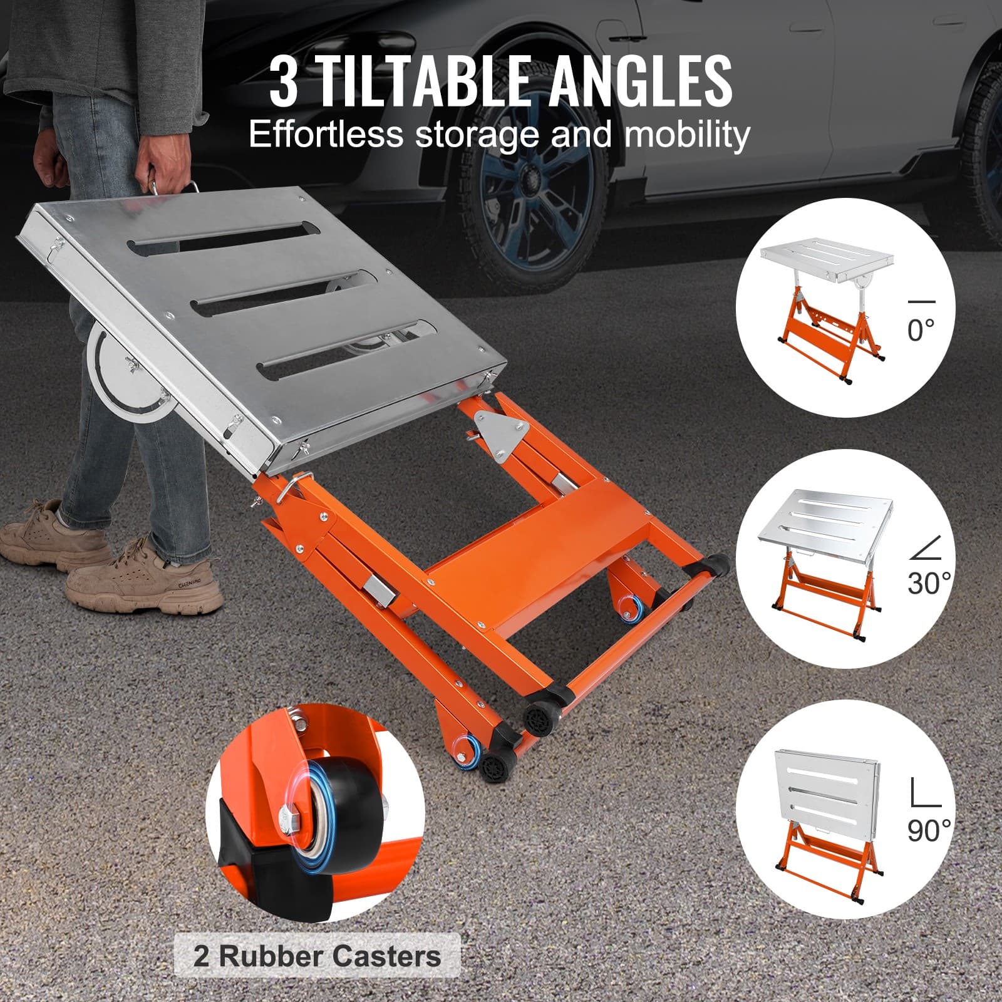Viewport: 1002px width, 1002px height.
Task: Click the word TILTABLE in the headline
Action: pyautogui.click(x=426, y=81)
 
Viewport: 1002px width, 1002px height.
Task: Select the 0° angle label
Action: pyautogui.click(x=921, y=330)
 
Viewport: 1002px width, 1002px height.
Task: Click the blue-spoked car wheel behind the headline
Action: pyautogui.click(x=539, y=188)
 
